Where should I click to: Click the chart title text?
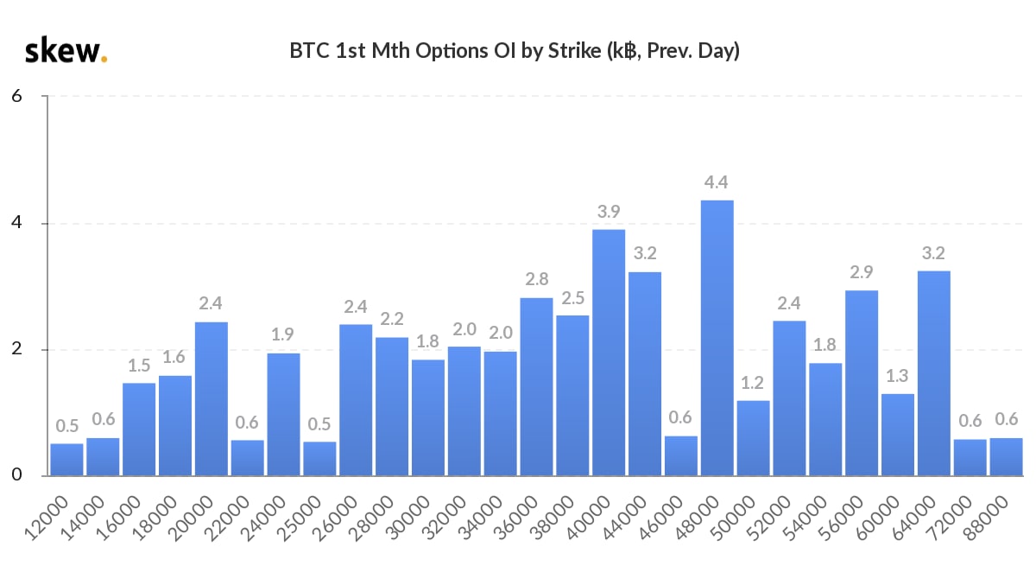(515, 51)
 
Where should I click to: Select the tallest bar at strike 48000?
(717, 338)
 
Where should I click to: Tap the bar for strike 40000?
(609, 353)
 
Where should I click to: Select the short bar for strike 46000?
(681, 455)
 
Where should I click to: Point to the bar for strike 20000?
(212, 398)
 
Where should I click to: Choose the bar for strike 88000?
(1006, 457)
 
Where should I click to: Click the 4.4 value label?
(717, 183)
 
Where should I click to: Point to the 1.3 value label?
(898, 377)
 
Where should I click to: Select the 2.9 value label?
(862, 273)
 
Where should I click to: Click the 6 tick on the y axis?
(17, 97)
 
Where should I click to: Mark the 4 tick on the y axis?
(17, 224)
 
